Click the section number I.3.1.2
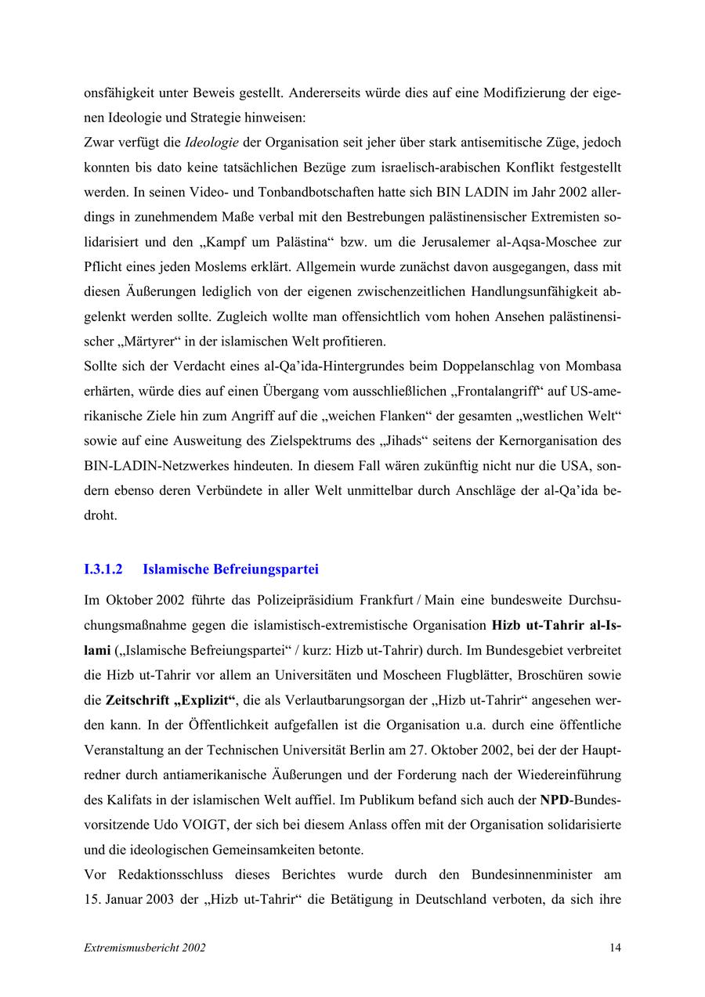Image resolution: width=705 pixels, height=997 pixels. (x=103, y=569)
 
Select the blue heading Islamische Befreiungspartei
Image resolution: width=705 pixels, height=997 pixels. (x=230, y=569)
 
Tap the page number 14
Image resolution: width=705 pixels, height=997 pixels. (x=615, y=948)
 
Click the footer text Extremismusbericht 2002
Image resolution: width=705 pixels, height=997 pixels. (x=145, y=948)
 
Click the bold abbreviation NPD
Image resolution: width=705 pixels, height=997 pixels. (x=554, y=800)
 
